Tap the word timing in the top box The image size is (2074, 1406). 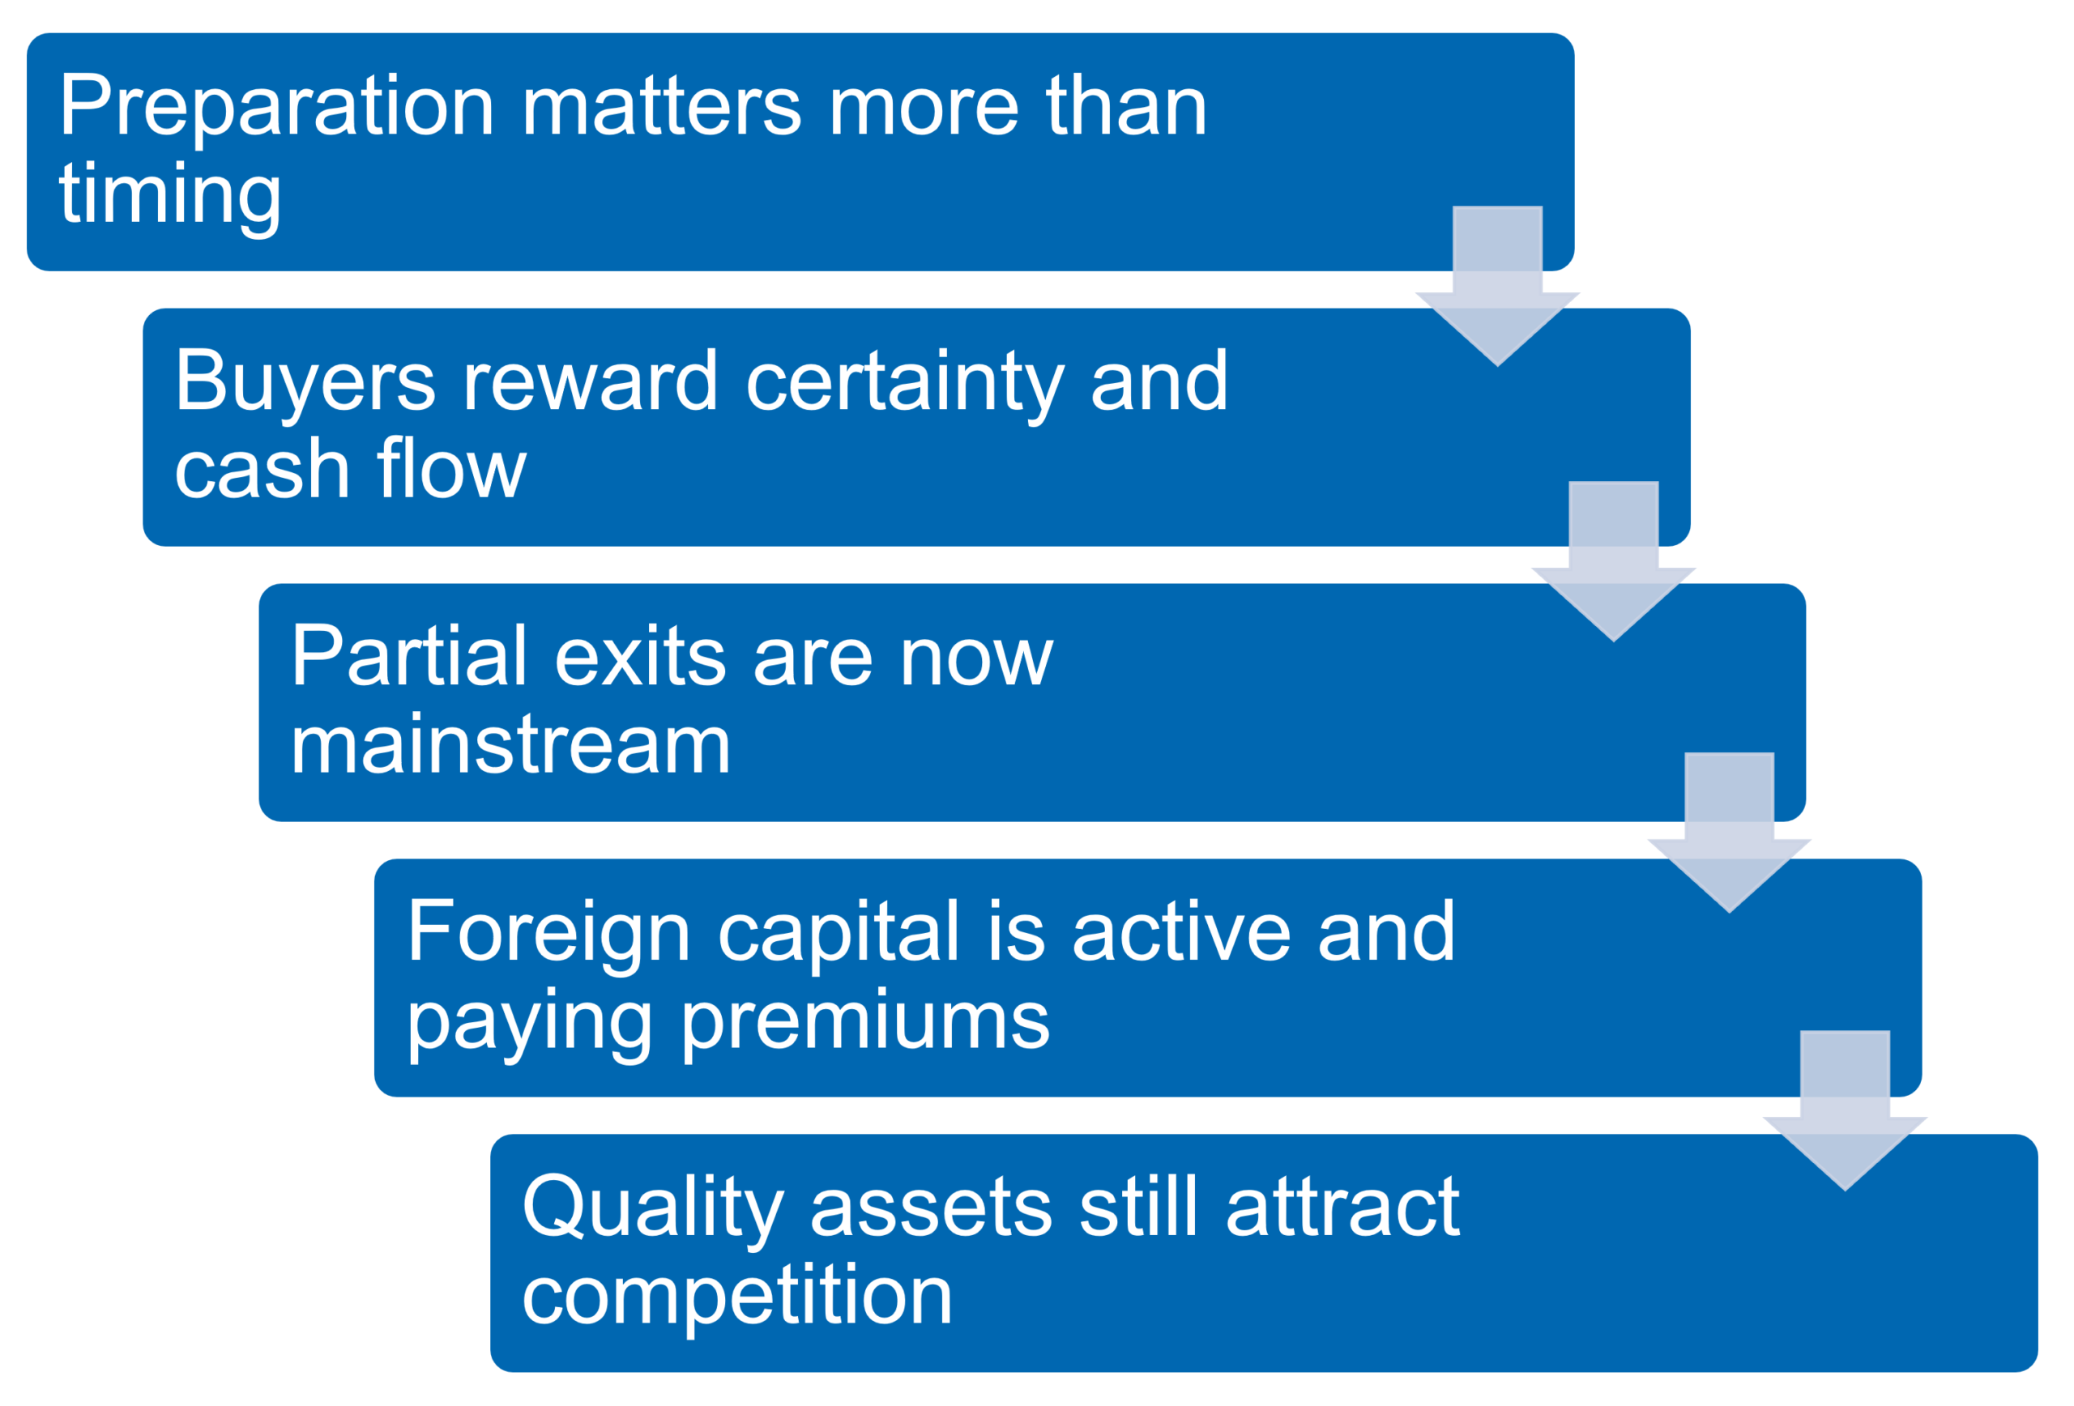click(x=169, y=195)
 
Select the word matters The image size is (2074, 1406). click(x=661, y=108)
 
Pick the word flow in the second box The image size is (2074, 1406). click(x=450, y=471)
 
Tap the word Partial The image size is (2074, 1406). click(x=409, y=658)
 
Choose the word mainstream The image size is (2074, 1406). click(x=510, y=745)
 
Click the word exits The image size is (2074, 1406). click(x=640, y=658)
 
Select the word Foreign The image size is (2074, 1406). click(x=548, y=932)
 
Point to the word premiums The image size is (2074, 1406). click(x=866, y=1021)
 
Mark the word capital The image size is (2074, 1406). click(x=838, y=932)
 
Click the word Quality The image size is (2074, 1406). click(x=652, y=1208)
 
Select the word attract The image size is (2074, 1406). click(x=1343, y=1208)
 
